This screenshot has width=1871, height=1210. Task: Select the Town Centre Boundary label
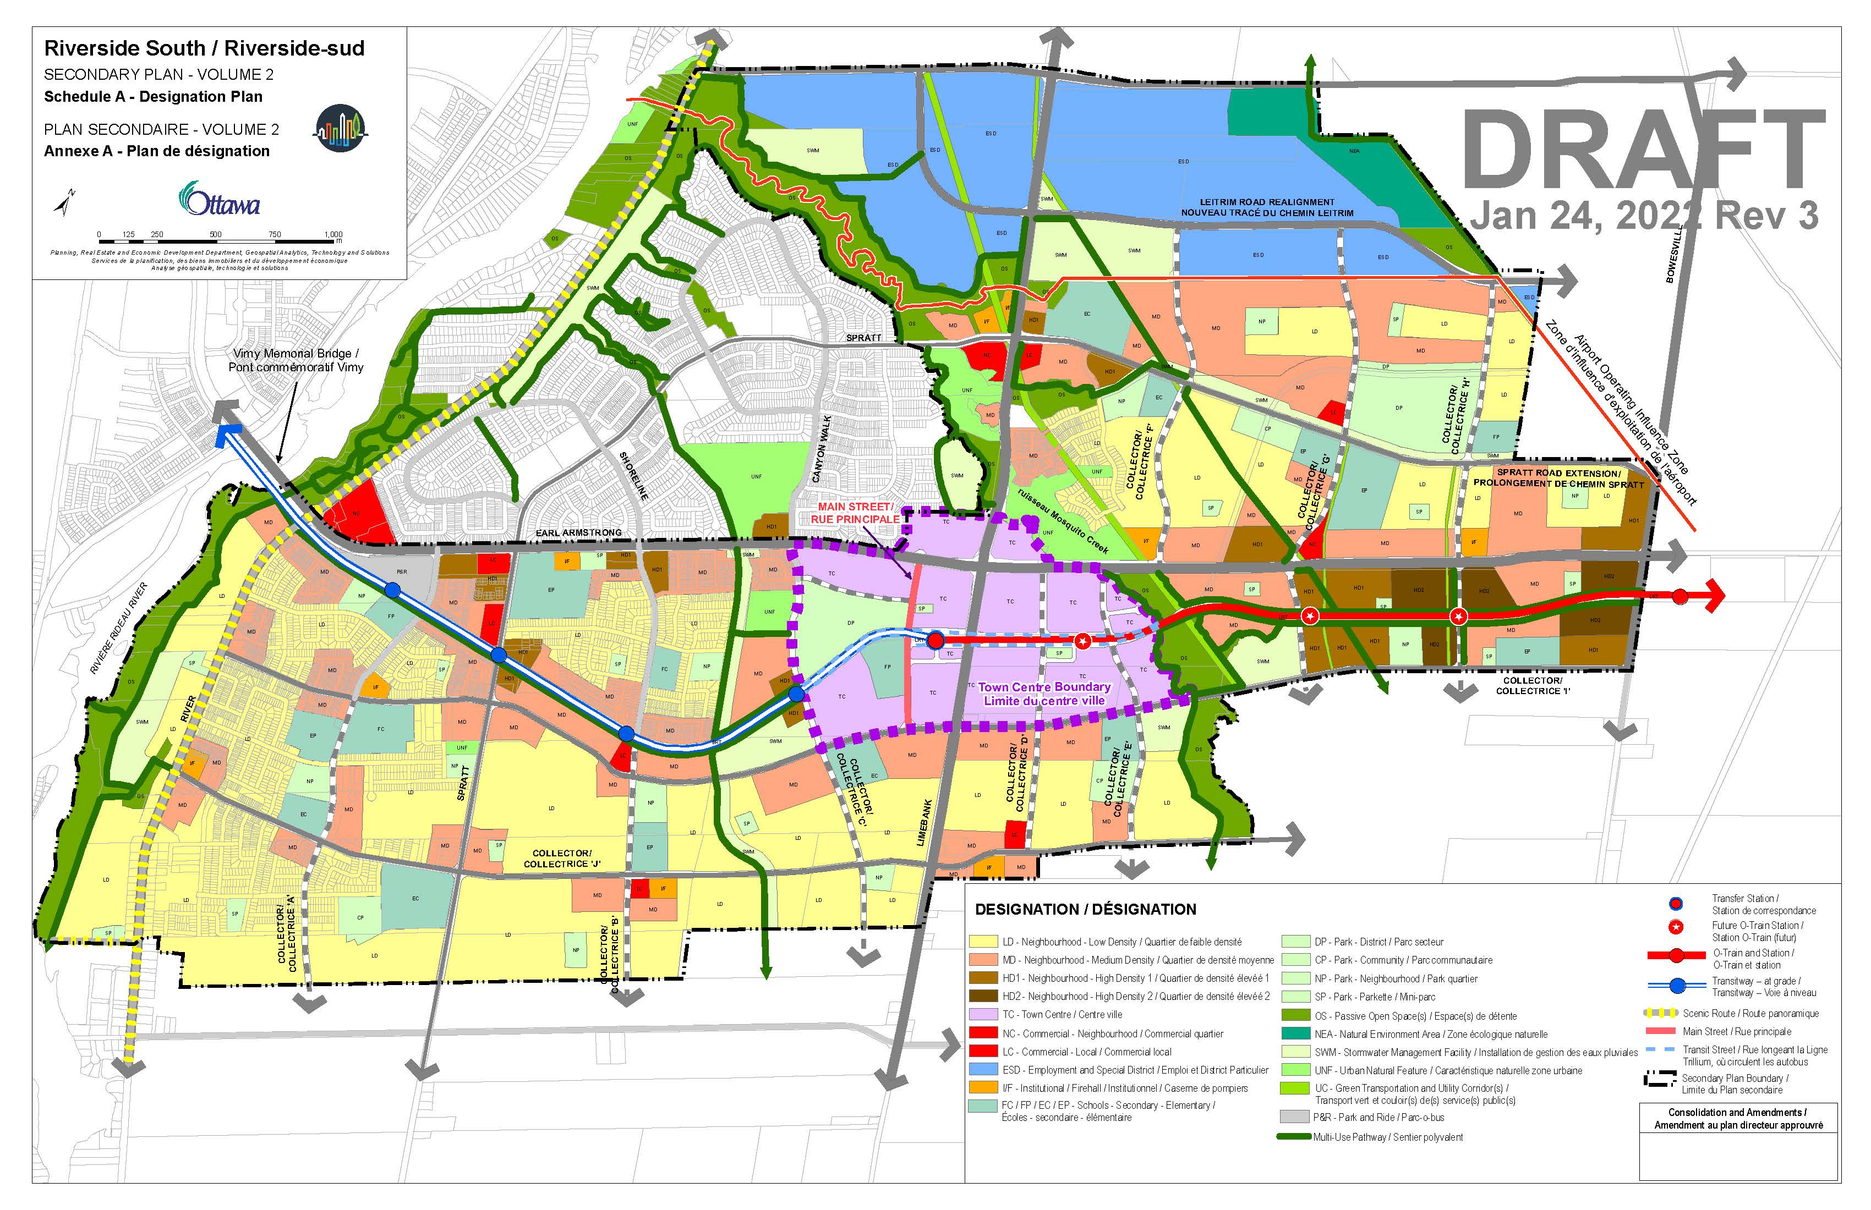click(1044, 694)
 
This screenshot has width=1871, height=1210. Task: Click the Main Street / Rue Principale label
click(855, 513)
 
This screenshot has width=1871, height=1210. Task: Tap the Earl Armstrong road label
click(578, 533)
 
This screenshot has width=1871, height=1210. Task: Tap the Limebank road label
click(925, 823)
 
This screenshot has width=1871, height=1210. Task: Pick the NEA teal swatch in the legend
click(1295, 1034)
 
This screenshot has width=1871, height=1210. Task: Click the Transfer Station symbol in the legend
click(1676, 904)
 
